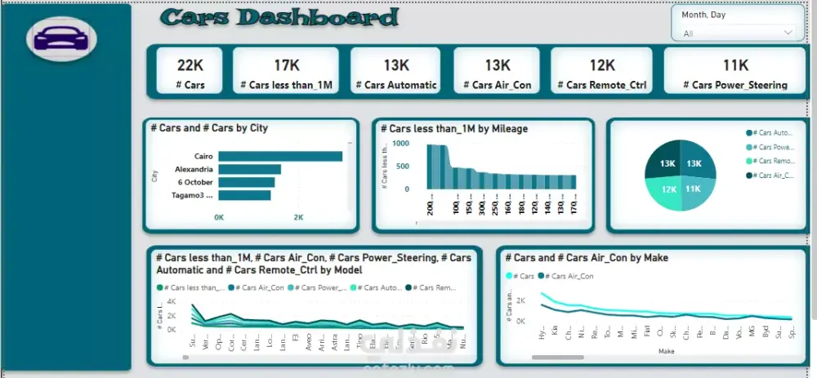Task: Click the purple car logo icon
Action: coord(61,38)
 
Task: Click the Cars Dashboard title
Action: coord(279,18)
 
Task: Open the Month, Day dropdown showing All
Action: coord(737,33)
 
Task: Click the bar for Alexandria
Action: coord(249,169)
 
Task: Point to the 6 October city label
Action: coord(194,182)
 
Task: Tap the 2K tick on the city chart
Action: coord(298,217)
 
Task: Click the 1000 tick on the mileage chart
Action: coord(400,143)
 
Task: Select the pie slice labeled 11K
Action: coord(694,189)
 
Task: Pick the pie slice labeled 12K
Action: coord(667,189)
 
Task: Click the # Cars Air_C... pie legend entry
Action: coord(772,175)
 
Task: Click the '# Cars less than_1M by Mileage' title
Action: coord(453,128)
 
